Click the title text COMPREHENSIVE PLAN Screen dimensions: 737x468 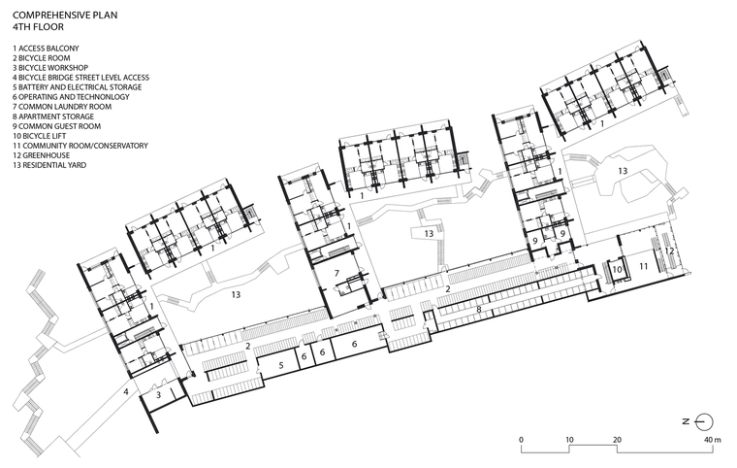point(65,16)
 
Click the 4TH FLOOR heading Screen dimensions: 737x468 point(38,27)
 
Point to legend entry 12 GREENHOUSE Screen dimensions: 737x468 point(42,155)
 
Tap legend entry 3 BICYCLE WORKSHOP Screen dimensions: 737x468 point(50,68)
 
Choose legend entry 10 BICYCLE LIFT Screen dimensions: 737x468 point(40,136)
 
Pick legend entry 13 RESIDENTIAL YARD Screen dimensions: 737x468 point(49,165)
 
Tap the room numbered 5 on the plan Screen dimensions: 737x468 point(281,365)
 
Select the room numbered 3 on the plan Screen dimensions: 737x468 point(159,394)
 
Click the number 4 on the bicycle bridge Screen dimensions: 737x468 point(126,391)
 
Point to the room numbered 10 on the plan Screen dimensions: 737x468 point(618,270)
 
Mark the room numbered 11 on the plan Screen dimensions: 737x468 point(643,266)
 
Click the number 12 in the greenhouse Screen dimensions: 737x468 point(669,251)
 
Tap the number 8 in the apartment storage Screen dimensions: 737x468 point(479,310)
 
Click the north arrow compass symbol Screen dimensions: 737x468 point(699,421)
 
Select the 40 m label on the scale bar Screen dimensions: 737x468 point(712,440)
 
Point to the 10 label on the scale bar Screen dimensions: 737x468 point(569,440)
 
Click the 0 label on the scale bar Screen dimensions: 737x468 point(522,440)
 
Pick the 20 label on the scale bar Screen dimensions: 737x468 point(617,440)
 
